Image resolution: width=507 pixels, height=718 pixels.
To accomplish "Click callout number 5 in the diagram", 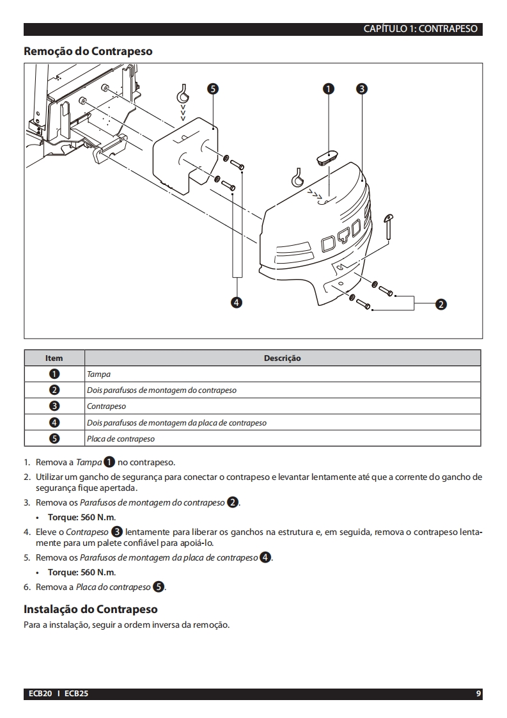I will [212, 90].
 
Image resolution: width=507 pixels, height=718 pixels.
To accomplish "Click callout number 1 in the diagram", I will [329, 90].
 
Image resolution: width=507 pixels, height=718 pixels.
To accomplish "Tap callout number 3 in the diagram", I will [361, 90].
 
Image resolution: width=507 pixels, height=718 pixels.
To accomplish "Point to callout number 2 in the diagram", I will [440, 304].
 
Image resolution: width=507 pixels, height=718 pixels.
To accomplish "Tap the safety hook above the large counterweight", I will [297, 175].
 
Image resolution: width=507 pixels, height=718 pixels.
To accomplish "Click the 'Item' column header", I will [54, 358].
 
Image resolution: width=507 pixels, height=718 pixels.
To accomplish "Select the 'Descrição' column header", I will [282, 358].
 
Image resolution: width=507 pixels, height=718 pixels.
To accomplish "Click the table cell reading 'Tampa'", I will [98, 374].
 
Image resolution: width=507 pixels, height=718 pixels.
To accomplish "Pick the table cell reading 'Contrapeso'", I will [106, 406].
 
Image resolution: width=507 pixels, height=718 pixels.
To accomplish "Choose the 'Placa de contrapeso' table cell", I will [120, 439].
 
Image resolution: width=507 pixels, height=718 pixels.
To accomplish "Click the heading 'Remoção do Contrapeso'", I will [88, 51].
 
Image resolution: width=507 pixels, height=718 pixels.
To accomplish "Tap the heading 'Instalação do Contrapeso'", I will [90, 609].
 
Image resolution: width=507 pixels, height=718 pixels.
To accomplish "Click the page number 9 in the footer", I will [478, 694].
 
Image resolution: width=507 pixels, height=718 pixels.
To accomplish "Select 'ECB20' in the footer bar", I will [40, 694].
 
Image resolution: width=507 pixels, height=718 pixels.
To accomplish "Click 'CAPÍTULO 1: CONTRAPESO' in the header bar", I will [420, 29].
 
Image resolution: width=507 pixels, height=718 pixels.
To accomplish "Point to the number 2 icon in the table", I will [54, 390].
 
